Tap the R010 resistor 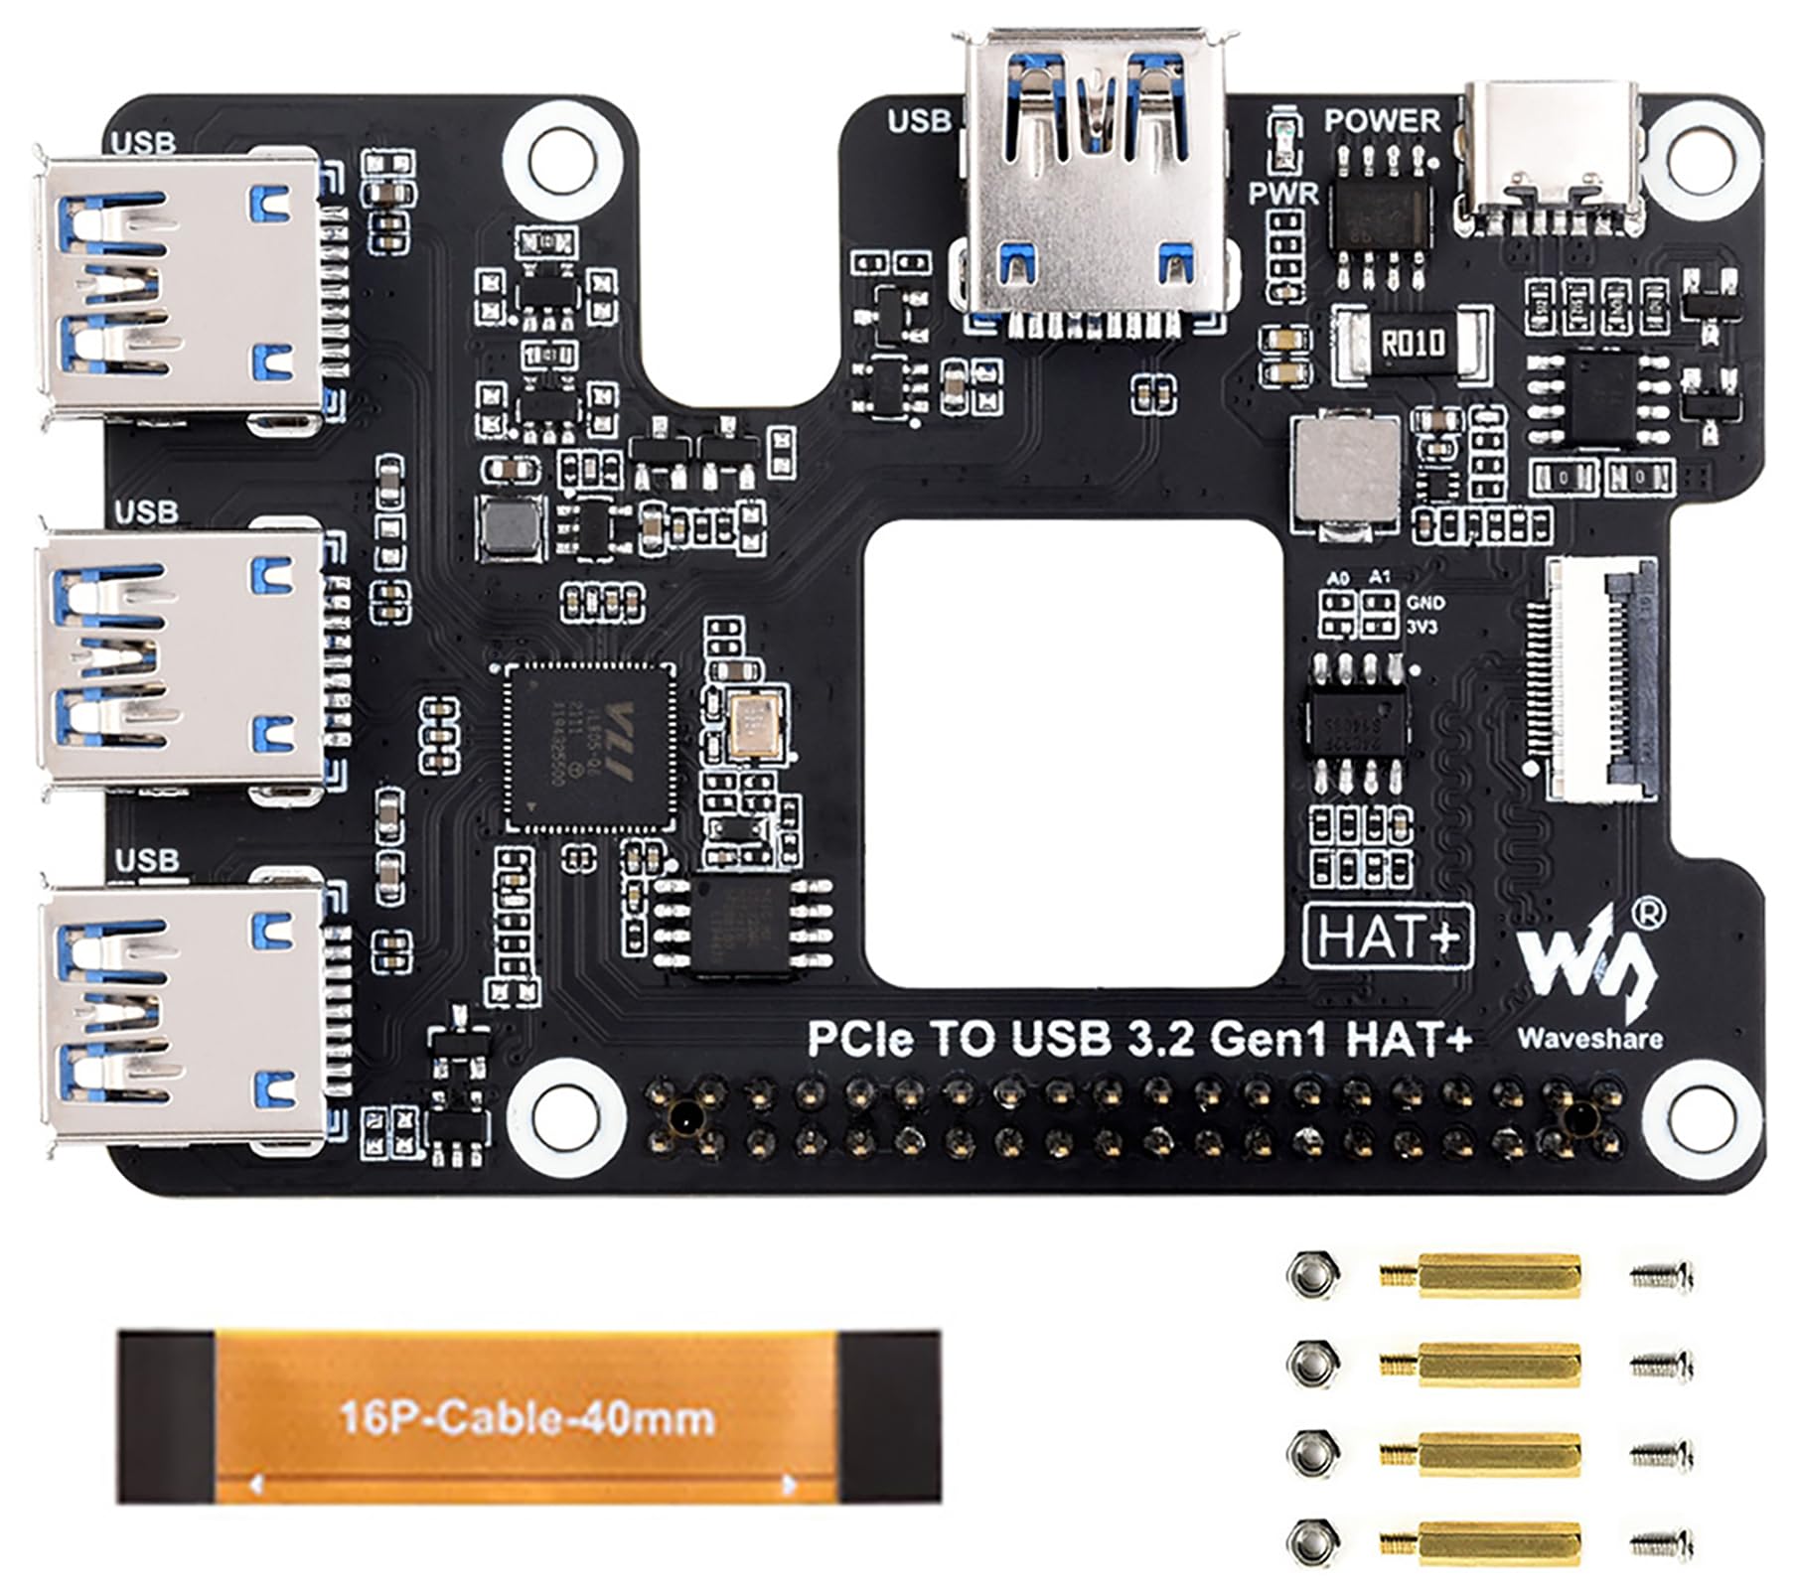(1413, 345)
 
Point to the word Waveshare (1589, 1039)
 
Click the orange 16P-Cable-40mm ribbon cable (527, 1416)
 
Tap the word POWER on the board (1382, 121)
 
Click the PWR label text (1283, 194)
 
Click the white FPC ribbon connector (1600, 678)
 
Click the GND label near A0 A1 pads (1426, 603)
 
